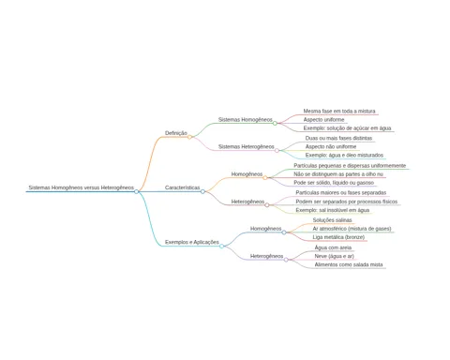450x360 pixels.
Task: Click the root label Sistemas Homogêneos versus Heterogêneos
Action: coord(82,187)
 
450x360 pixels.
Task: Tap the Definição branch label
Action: coord(176,133)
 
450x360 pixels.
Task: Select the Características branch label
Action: coord(182,187)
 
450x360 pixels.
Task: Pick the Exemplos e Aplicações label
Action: coord(192,242)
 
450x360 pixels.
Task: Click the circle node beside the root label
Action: coord(136,191)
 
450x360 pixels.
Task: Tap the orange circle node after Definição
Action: coord(189,137)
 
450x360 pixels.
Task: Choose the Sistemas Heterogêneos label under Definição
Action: coord(247,146)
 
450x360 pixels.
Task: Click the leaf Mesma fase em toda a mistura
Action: coord(339,111)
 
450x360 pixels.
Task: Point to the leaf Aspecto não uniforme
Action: coord(331,146)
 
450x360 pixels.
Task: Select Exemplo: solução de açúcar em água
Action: coord(347,128)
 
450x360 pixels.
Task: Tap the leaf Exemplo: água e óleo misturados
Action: coord(344,155)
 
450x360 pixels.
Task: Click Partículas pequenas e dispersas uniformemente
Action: coord(350,166)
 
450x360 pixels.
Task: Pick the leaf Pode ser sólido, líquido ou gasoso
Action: coord(334,183)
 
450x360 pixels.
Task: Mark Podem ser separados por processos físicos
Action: coord(347,202)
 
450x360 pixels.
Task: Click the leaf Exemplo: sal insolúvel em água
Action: coord(333,210)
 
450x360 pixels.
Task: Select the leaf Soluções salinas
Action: coord(332,220)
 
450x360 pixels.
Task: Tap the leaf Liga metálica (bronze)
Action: coord(338,237)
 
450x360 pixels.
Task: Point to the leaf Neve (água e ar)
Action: coord(335,256)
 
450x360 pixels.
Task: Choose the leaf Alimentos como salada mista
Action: coord(349,264)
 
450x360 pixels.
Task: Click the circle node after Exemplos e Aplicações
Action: coord(221,247)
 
